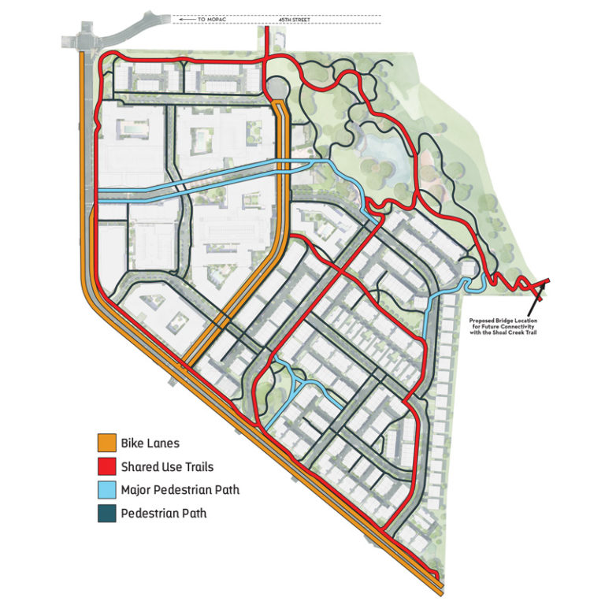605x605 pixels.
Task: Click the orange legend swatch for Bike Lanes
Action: coord(107,443)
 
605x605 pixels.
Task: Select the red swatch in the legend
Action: coord(107,466)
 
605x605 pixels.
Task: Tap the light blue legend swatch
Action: coord(107,490)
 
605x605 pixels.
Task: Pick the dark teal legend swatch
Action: coord(107,514)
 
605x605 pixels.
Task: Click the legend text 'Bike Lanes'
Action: coord(150,444)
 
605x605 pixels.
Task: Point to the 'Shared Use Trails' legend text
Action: coord(167,467)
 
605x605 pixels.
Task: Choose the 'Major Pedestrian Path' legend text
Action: coord(180,491)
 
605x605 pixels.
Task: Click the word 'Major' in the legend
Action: coord(137,491)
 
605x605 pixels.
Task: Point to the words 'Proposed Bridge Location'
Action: coord(504,321)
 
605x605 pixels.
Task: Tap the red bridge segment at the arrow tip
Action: coord(544,284)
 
